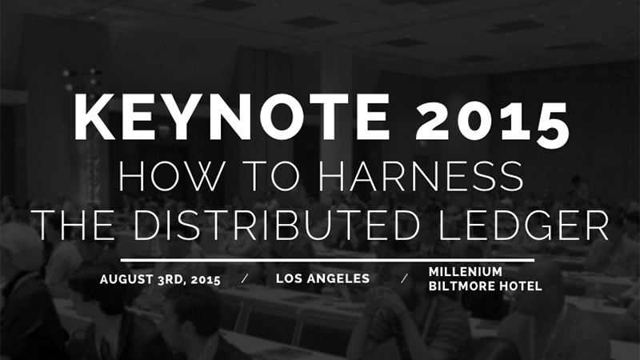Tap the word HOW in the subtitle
[x=157, y=176]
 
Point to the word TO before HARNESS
[x=238, y=176]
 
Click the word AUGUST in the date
[x=123, y=280]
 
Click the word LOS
[x=290, y=279]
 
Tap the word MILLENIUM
[x=466, y=272]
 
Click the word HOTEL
[x=519, y=286]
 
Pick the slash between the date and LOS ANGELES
[x=244, y=279]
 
